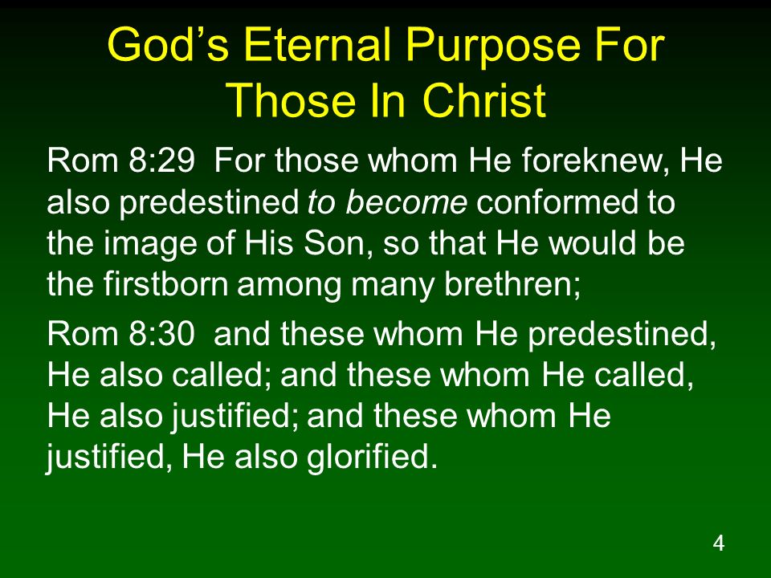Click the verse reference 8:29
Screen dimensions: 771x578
[161, 161]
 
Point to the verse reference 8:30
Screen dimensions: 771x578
[161, 334]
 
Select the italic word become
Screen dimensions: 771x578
[406, 201]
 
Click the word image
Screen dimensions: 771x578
[150, 245]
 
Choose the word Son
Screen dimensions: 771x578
[337, 244]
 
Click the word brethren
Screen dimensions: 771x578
[512, 284]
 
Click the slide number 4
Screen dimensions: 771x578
[718, 543]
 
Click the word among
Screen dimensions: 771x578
[290, 287]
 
